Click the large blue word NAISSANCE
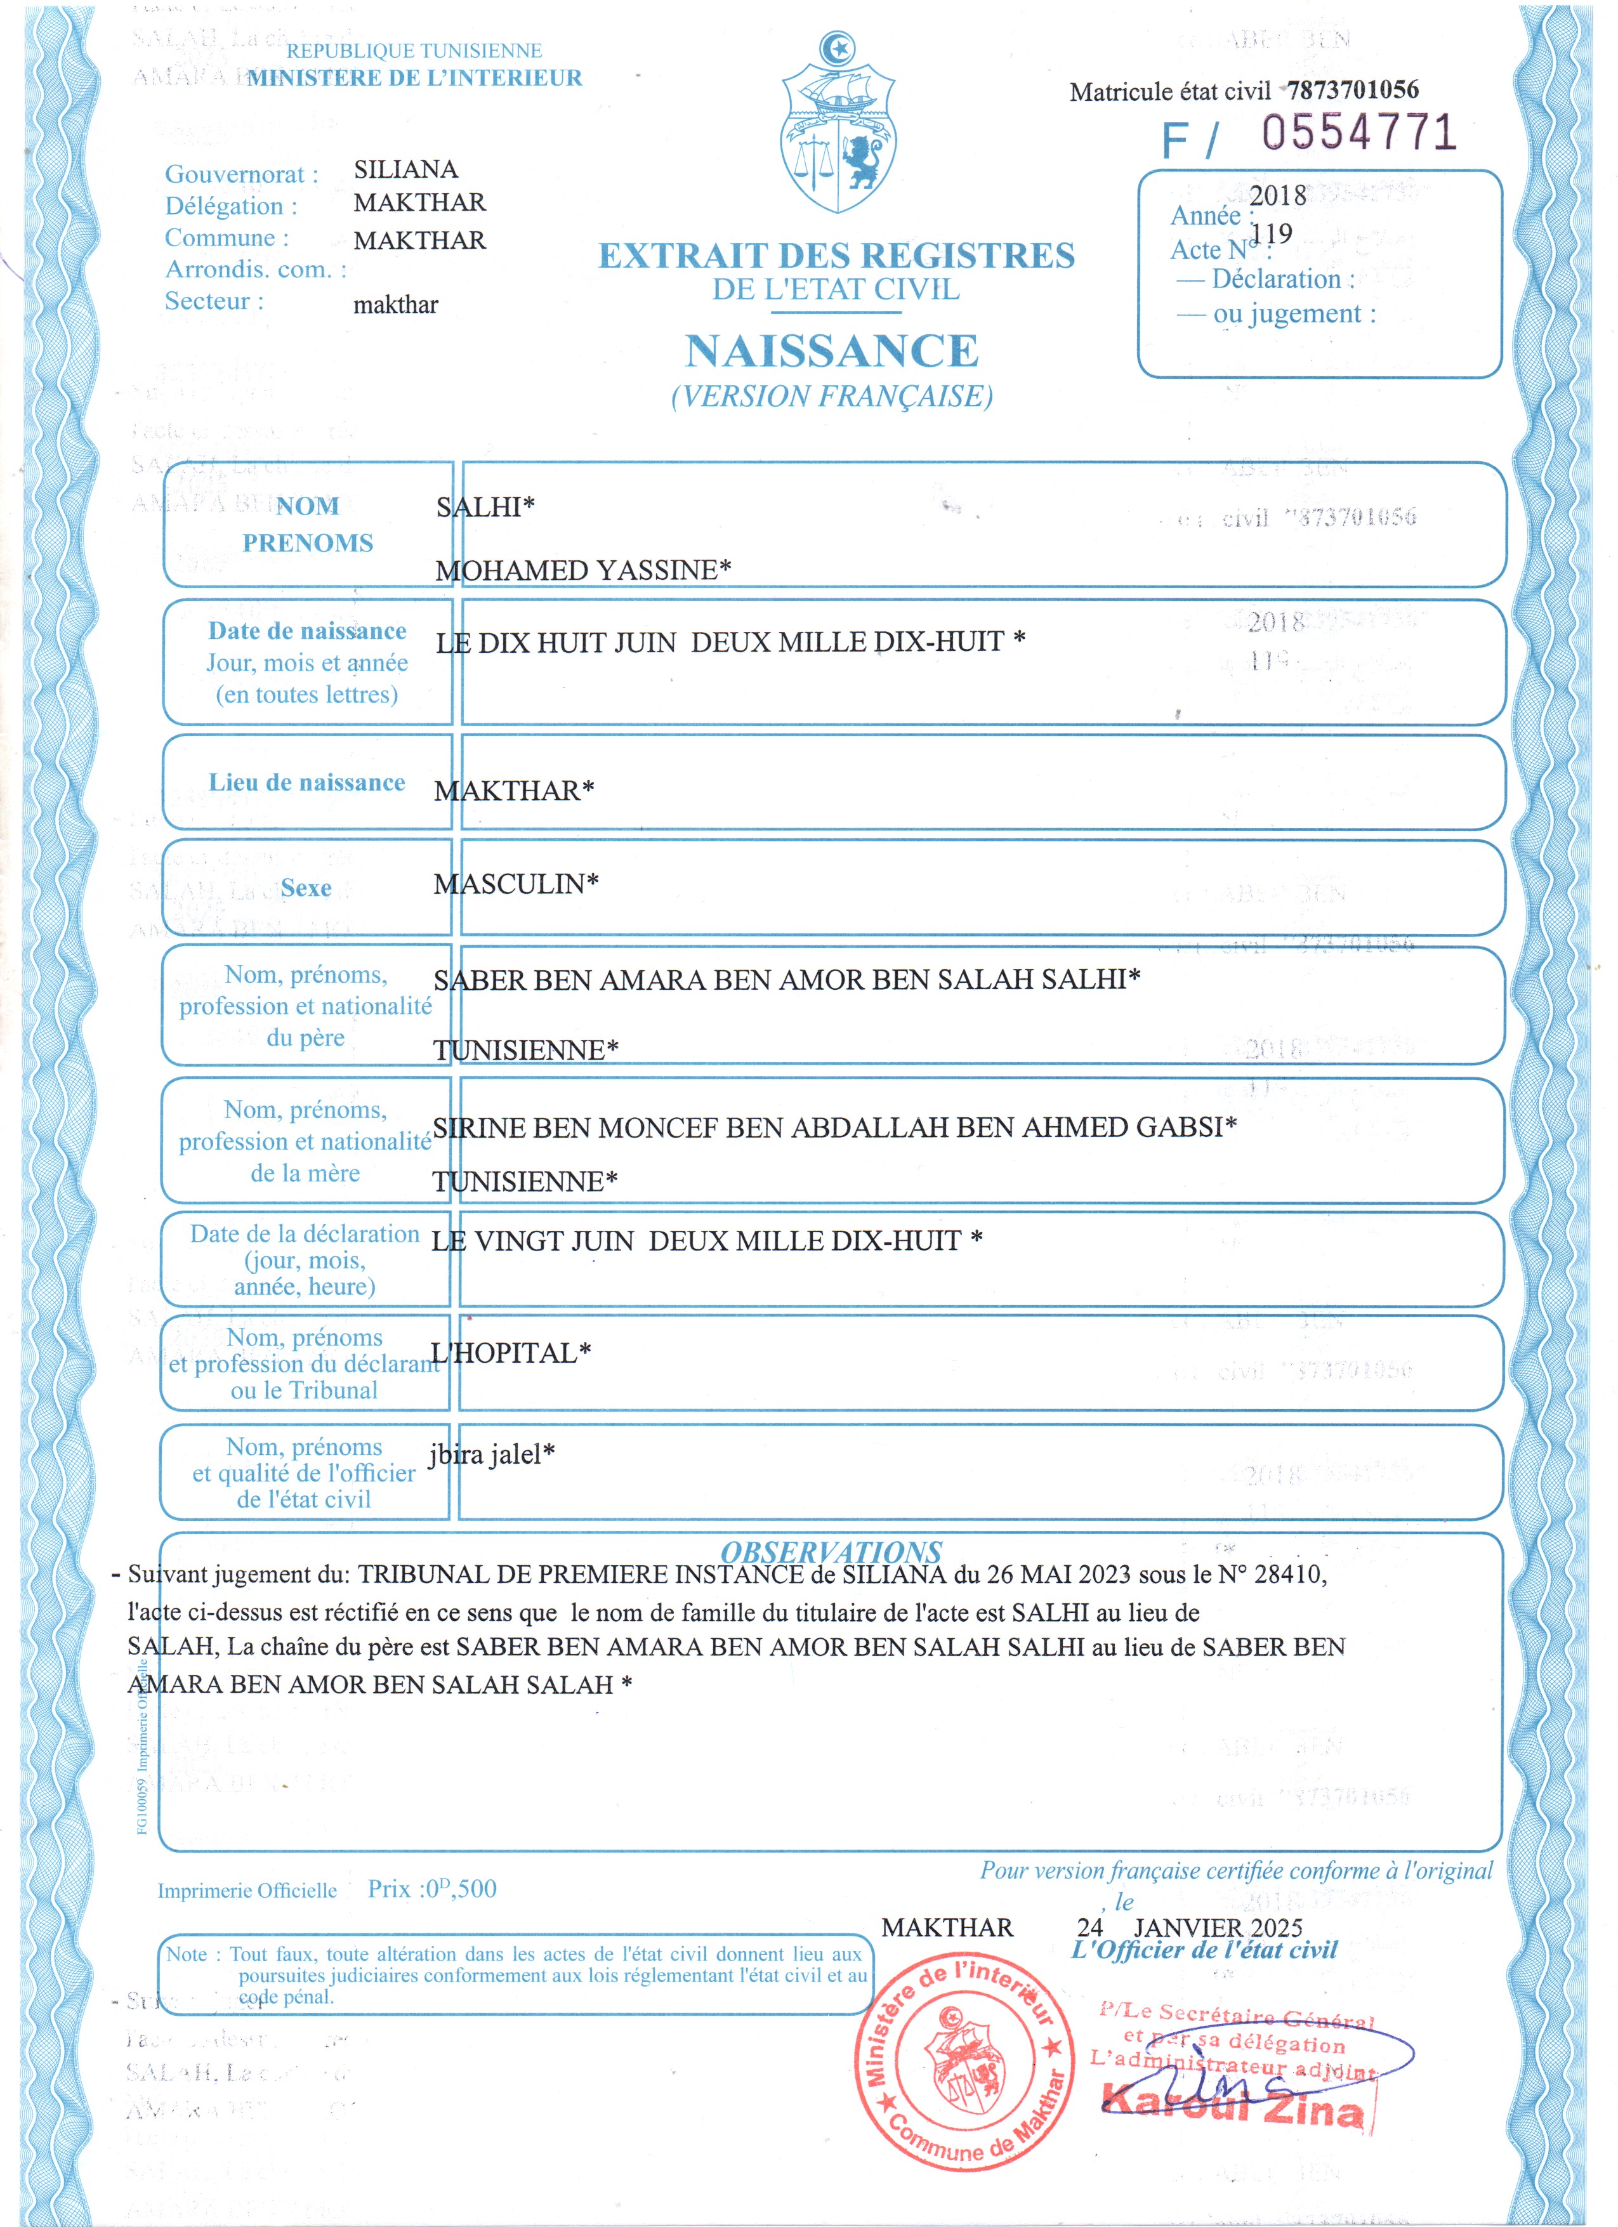tap(832, 350)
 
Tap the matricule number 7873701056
tap(1352, 90)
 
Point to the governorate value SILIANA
tap(405, 170)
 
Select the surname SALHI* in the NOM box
tap(485, 507)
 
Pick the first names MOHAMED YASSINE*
tap(583, 570)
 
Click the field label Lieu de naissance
tap(306, 782)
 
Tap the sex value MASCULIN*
tap(515, 884)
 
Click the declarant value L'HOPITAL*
tap(511, 1353)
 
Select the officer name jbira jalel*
tap(492, 1454)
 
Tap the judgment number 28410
tap(1289, 1575)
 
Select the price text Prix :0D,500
tap(432, 1888)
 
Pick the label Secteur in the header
tap(214, 301)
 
